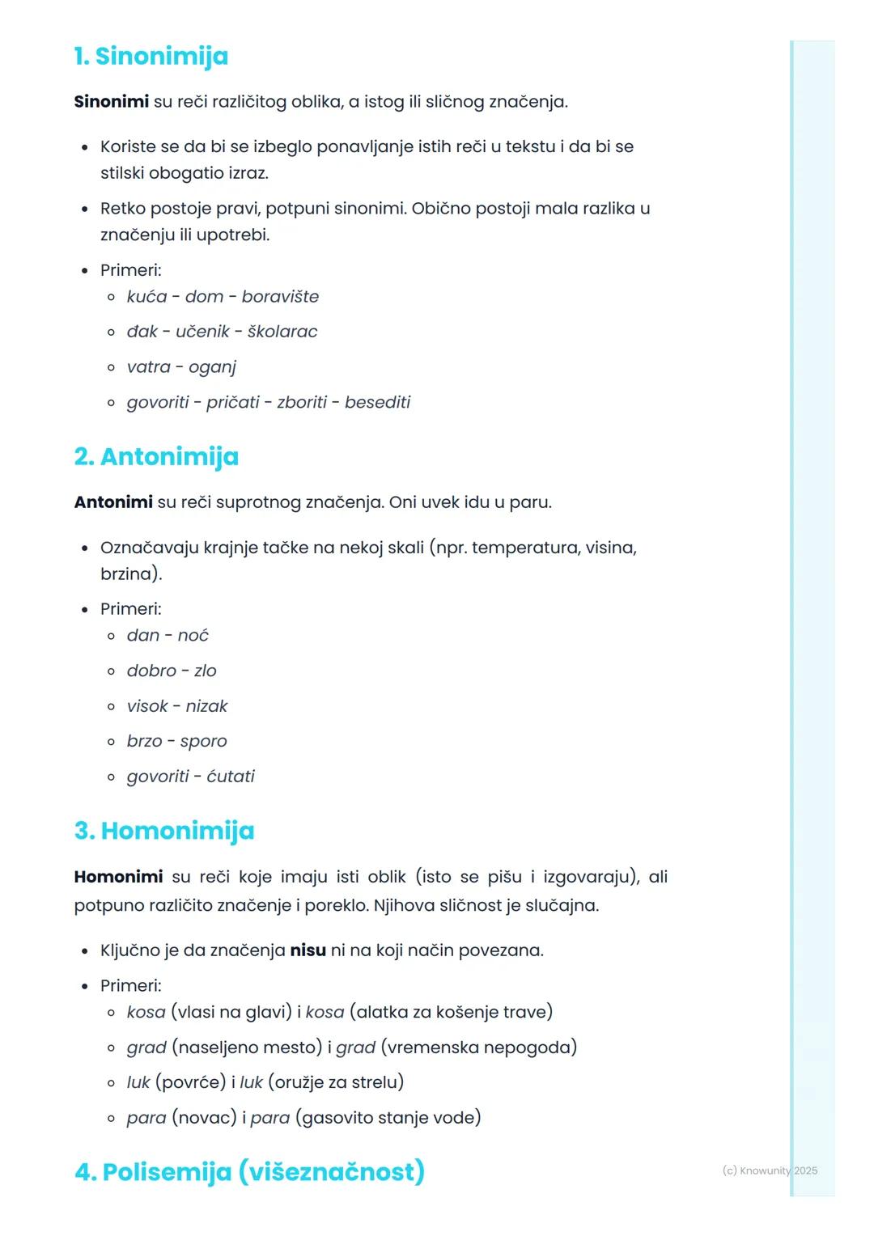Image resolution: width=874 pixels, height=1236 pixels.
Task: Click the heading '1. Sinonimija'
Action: [151, 57]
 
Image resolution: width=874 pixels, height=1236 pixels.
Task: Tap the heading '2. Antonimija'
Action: [156, 457]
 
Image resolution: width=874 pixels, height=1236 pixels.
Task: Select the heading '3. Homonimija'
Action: [164, 831]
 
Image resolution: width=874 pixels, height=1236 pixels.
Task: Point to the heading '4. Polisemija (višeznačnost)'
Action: [249, 1172]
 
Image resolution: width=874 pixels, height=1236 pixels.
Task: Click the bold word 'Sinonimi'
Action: [111, 102]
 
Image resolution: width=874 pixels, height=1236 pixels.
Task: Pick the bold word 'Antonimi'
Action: [113, 502]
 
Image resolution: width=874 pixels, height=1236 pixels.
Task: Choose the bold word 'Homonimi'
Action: [118, 877]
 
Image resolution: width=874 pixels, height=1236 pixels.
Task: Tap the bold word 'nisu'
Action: [308, 950]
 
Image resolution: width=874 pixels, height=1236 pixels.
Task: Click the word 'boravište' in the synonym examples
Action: [280, 297]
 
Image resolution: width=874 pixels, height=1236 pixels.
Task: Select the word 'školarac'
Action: [282, 332]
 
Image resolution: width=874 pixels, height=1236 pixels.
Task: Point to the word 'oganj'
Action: [212, 368]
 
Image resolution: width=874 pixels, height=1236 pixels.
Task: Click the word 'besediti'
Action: [377, 403]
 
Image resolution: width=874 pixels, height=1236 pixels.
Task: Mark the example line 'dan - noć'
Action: [168, 636]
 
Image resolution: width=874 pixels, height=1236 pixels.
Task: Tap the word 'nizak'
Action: [206, 706]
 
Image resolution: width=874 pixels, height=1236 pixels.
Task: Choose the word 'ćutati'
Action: [231, 777]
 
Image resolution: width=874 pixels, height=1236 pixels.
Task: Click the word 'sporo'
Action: [203, 742]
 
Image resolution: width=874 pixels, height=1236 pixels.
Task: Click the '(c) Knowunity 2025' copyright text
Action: [770, 1170]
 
